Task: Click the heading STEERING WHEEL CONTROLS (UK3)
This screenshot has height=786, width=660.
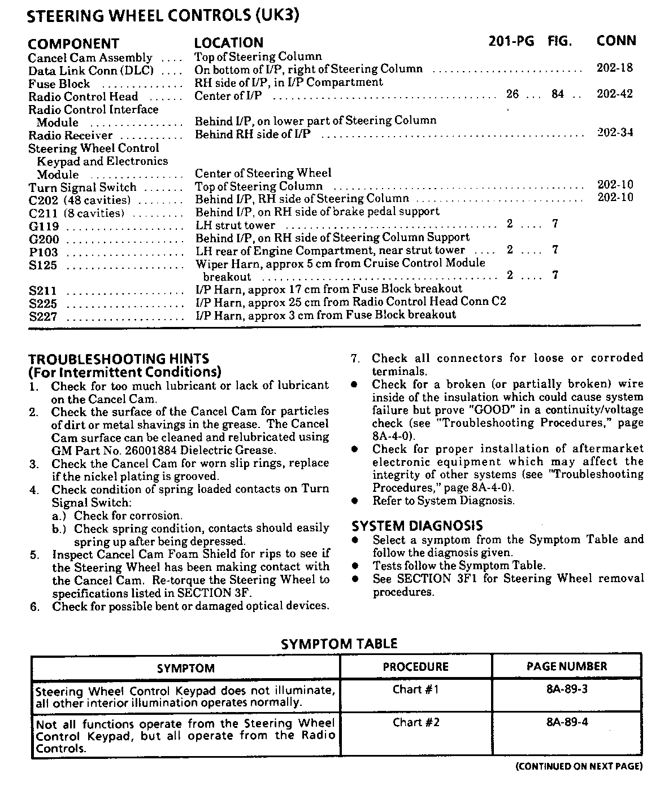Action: tap(163, 16)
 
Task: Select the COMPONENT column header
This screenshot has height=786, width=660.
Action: tap(73, 43)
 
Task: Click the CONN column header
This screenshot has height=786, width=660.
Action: tap(616, 41)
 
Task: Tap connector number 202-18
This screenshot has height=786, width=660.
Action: tap(615, 68)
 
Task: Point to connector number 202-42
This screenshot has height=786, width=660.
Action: tap(615, 94)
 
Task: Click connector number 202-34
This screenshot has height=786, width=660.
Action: tap(615, 133)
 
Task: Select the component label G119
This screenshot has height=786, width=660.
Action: tap(44, 227)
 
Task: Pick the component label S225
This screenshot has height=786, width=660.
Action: tap(44, 304)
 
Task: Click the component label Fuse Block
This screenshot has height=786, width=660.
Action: tap(59, 84)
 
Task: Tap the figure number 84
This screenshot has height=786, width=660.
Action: tap(558, 94)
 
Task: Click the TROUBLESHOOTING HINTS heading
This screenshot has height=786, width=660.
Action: tap(119, 359)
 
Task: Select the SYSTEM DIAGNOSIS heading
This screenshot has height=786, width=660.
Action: tap(417, 526)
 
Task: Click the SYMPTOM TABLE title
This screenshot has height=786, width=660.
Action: tap(339, 644)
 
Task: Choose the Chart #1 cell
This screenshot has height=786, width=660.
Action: tap(416, 689)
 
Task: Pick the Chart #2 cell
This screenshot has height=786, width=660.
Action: tap(416, 722)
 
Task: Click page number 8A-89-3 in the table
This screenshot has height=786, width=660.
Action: tap(567, 689)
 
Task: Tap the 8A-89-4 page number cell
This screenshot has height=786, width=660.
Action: tap(567, 722)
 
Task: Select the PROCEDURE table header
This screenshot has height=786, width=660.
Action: tap(415, 667)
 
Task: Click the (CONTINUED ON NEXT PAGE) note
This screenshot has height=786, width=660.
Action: tap(579, 766)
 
